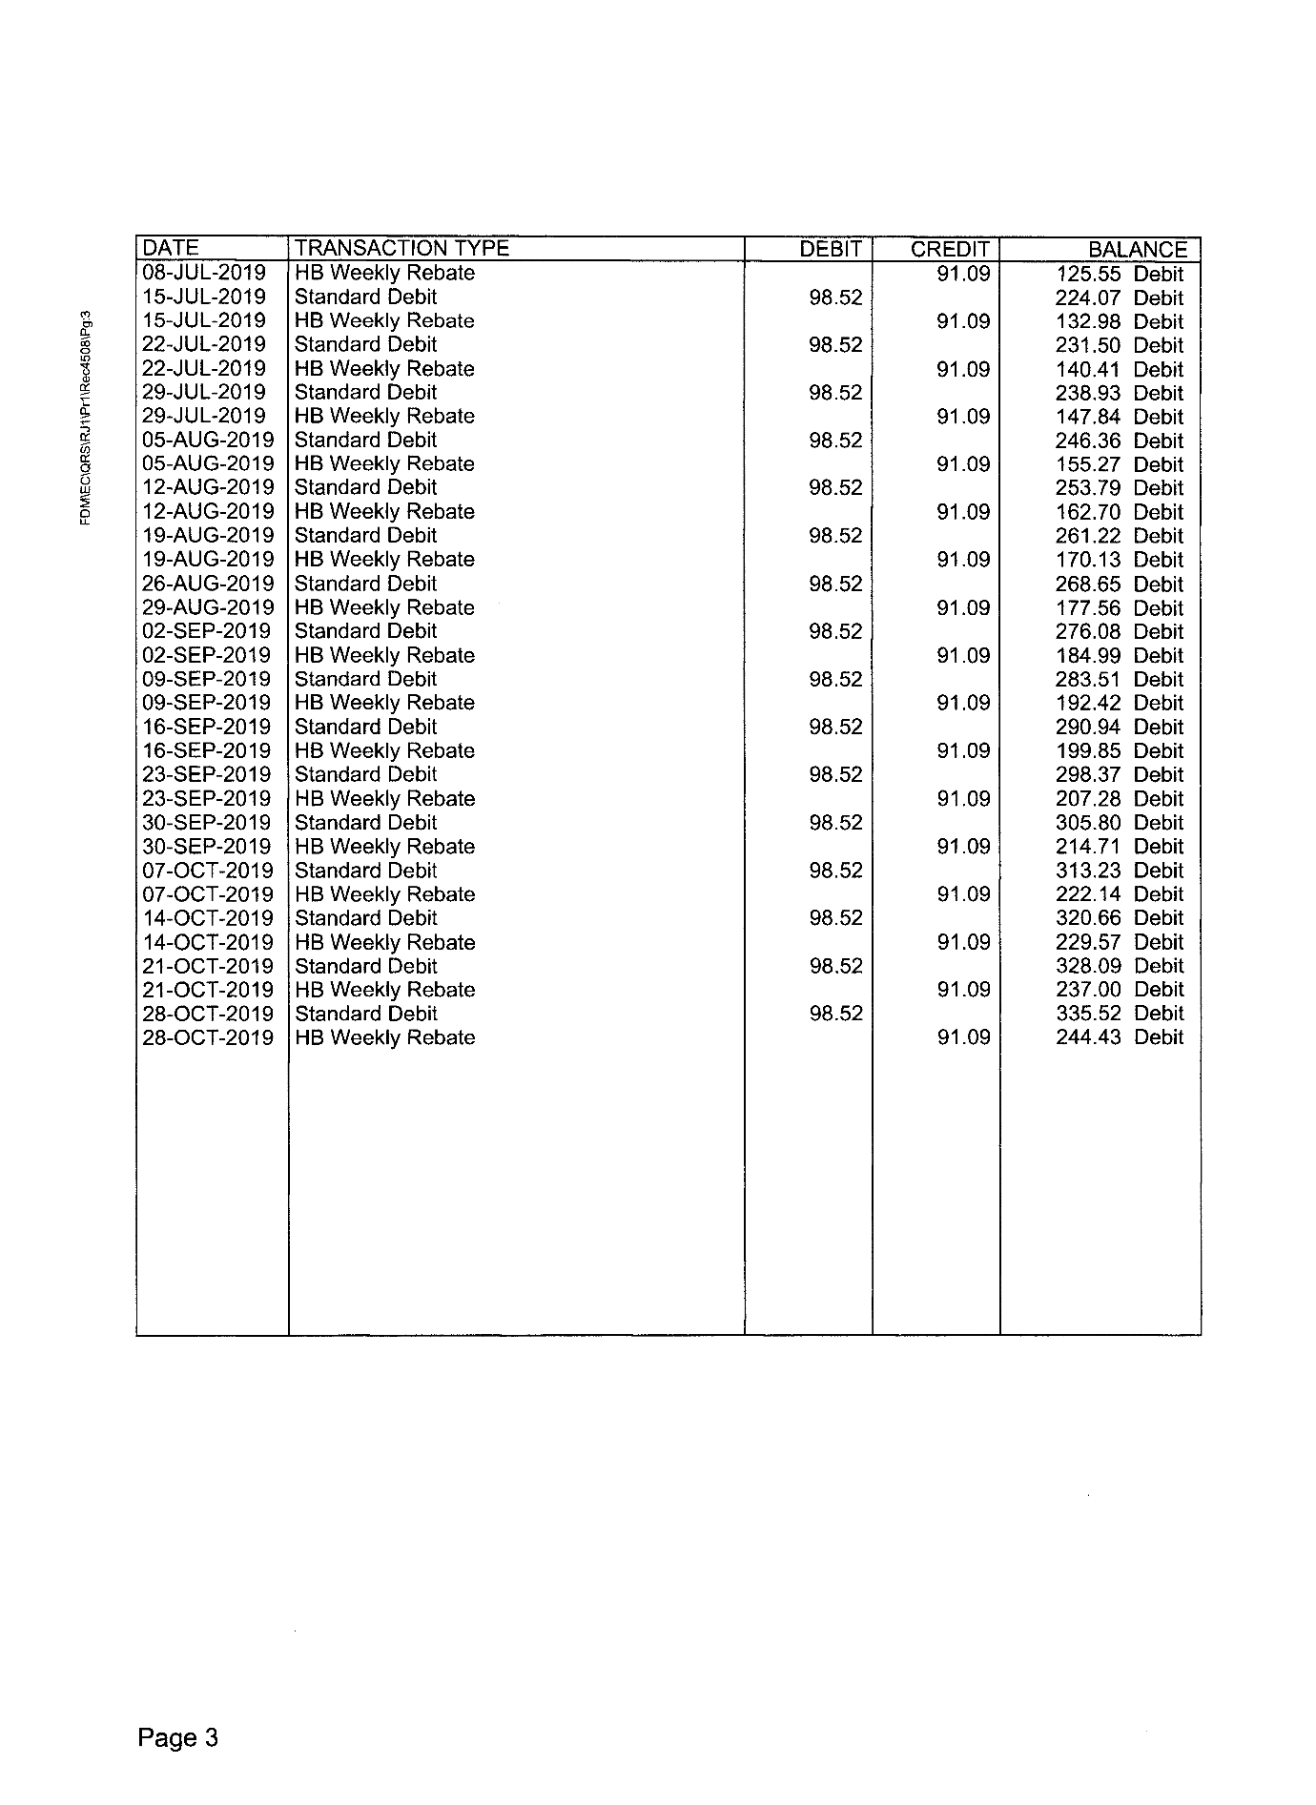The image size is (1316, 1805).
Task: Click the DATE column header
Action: [171, 249]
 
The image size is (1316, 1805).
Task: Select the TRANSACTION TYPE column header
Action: [401, 249]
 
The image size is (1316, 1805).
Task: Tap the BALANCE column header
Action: [1138, 250]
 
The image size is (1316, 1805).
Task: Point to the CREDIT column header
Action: [950, 250]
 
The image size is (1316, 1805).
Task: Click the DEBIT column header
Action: [831, 250]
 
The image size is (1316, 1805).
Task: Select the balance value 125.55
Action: [1088, 275]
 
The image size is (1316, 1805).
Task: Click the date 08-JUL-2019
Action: [204, 273]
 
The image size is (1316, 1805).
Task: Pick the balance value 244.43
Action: [1088, 1037]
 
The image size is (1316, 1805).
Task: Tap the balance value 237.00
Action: [1088, 990]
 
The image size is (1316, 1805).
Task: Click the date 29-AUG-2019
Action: [208, 607]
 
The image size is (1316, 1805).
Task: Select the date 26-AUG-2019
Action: [208, 584]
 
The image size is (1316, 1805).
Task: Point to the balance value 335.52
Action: [1088, 1014]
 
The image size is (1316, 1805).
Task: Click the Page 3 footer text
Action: [177, 1738]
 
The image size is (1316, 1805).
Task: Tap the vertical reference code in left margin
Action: [86, 417]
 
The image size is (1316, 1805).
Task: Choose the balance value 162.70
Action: [1088, 512]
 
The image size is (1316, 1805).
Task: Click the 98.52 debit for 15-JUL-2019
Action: [835, 297]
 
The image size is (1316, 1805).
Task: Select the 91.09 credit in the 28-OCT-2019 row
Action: [963, 1037]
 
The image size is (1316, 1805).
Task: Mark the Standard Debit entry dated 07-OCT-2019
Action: [365, 871]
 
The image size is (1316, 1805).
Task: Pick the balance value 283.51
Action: [1088, 680]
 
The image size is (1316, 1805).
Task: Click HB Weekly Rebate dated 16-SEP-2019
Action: [384, 751]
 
